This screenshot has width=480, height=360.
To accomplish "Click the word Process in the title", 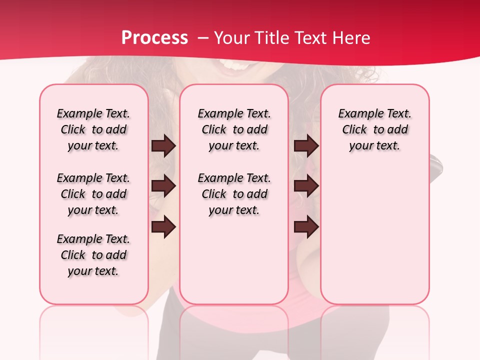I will click(154, 38).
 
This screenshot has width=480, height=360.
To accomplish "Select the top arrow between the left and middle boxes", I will click(163, 146).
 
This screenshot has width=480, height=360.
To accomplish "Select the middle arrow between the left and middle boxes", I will click(163, 186).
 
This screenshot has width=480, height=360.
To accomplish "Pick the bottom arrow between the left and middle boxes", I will click(163, 226).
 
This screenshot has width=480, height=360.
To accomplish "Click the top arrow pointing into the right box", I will click(306, 146).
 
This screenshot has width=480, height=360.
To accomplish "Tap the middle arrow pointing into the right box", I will click(306, 186).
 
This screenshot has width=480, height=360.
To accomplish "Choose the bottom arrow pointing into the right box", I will click(306, 227).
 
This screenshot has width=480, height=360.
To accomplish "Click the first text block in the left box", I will click(93, 129).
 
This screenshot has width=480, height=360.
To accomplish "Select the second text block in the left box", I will click(93, 194).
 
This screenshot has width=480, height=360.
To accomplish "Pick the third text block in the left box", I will click(93, 255).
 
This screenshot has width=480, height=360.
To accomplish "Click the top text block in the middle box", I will click(234, 129).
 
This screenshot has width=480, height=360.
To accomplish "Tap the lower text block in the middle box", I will click(234, 194).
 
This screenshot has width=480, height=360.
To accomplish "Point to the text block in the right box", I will click(374, 129).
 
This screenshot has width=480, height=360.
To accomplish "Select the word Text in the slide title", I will click(312, 38).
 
